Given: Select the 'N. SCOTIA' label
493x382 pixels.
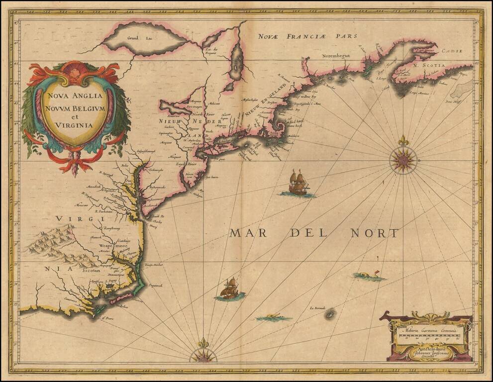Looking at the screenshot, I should click(416, 65).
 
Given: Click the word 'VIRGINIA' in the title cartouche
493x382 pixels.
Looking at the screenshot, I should click(74, 125).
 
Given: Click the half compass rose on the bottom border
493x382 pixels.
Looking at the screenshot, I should click(202, 354).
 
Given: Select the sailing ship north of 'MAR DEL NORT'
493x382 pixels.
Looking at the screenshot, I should click(298, 184).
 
